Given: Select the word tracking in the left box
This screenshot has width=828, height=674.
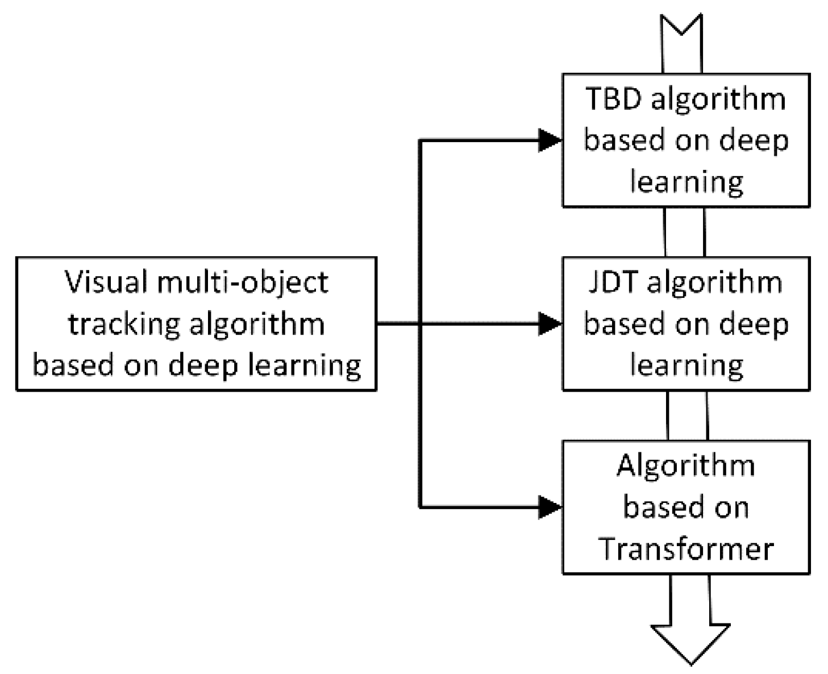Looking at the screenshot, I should click(123, 324).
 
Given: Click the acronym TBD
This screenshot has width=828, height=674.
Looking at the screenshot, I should click(613, 99).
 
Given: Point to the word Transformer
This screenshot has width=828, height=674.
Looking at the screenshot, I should click(686, 549).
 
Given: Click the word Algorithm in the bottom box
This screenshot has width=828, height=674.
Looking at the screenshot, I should click(686, 466).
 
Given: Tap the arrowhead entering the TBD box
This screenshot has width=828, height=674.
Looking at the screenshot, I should click(550, 140).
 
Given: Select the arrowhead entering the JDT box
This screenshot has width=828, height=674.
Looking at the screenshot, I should click(550, 324).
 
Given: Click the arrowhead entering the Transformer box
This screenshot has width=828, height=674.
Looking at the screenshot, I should click(550, 507).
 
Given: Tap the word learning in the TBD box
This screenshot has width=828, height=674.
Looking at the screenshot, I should click(686, 182).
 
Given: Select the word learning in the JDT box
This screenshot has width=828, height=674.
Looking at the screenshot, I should click(686, 365).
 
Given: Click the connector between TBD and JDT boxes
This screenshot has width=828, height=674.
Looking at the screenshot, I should click(684, 232).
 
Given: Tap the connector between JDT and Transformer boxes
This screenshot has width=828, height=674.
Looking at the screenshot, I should click(686, 415).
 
